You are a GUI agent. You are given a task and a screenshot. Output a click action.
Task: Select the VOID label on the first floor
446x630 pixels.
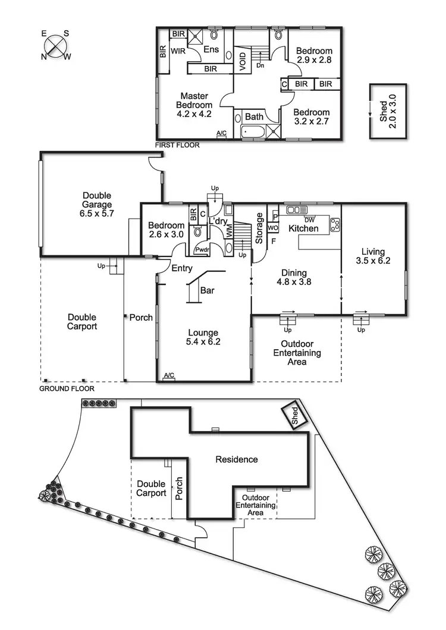coord(243,62)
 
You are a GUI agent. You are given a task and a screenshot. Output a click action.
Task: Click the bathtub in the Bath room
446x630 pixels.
coord(253,132)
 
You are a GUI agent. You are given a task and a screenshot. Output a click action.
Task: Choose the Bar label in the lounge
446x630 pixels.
coord(208,291)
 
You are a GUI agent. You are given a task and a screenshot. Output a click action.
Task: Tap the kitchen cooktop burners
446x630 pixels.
coord(335,224)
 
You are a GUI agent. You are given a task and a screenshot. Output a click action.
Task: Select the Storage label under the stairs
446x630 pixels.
coord(259,228)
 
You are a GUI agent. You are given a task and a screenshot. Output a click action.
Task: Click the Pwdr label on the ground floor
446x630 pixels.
coord(201,249)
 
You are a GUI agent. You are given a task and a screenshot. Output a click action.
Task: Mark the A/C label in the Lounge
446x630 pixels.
coord(169,376)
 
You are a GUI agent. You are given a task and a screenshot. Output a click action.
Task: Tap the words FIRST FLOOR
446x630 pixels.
coord(177,145)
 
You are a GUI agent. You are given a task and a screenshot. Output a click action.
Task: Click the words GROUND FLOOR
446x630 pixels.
coord(67,389)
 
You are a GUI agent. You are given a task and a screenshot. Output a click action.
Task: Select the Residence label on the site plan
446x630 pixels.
coord(237,460)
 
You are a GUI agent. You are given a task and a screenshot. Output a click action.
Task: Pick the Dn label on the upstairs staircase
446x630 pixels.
coord(260,66)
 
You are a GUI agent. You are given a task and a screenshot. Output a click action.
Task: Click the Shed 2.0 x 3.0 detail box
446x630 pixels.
coord(388,111)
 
